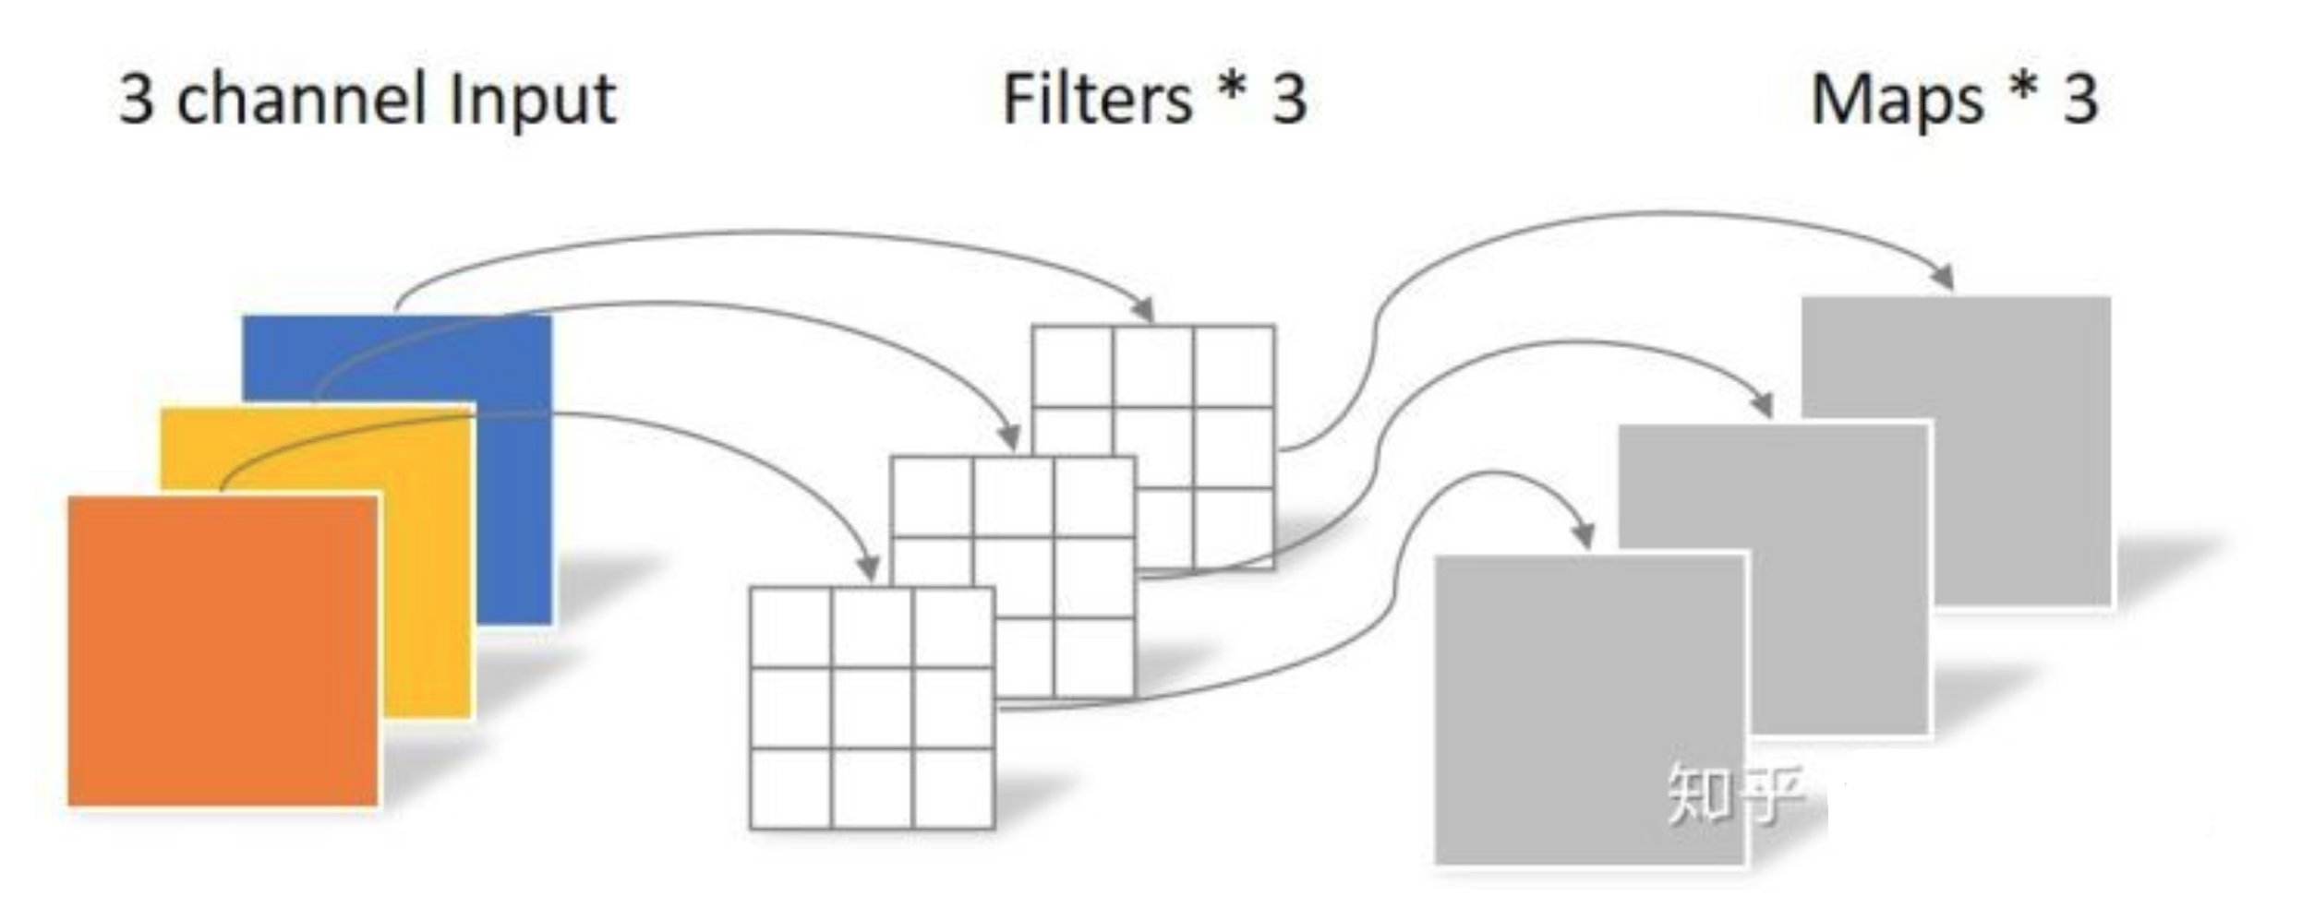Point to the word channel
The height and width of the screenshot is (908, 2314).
point(300,100)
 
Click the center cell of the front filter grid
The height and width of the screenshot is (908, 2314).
point(872,708)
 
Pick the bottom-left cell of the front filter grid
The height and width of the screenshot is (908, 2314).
point(790,789)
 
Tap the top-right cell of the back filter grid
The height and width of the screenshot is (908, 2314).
point(1234,366)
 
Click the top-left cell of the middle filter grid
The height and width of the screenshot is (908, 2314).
point(932,496)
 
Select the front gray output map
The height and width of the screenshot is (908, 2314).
point(1589,711)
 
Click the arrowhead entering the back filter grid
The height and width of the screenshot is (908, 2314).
point(1144,309)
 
